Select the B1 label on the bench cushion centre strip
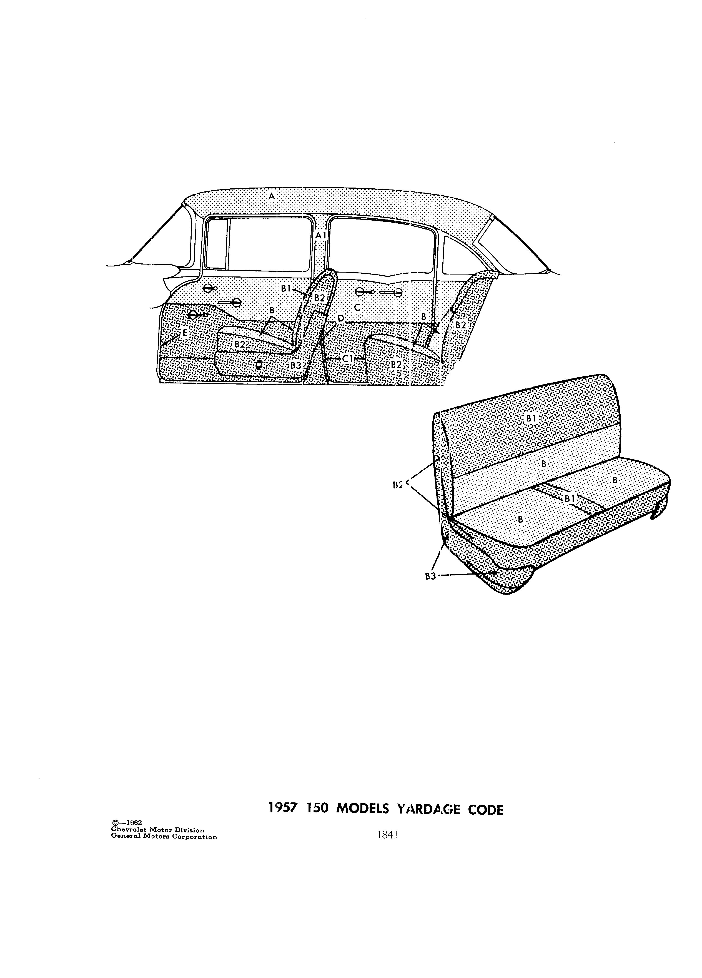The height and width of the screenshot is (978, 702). coord(570,498)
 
